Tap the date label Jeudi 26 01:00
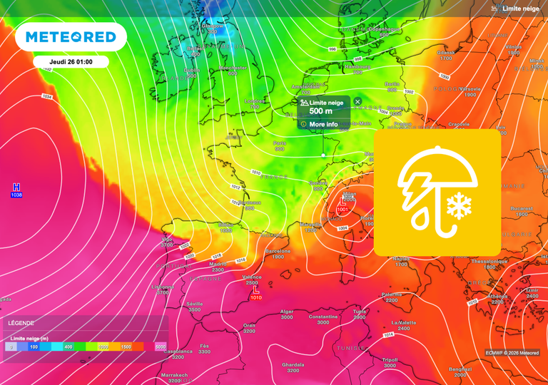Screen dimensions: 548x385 click(x=71, y=62)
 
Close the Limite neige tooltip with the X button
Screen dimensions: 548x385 click(x=357, y=103)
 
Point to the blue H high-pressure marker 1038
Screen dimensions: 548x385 click(x=16, y=190)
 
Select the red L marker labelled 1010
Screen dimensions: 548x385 click(x=255, y=294)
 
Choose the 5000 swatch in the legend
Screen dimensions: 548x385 click(x=160, y=346)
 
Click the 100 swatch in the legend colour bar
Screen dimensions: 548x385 click(x=34, y=346)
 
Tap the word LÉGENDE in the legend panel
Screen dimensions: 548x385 click(x=21, y=323)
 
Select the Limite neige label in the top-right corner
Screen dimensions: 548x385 click(x=520, y=9)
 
